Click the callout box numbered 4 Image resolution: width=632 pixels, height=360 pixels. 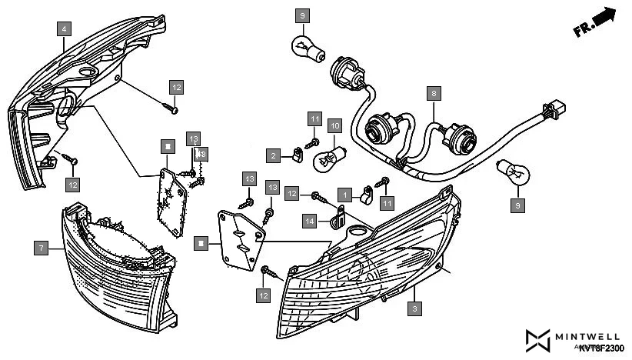(64, 29)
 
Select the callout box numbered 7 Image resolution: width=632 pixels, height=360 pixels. (42, 247)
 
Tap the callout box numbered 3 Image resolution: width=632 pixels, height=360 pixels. (415, 308)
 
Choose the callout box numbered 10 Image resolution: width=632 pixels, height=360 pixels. (334, 124)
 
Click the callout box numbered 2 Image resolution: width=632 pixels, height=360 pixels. (273, 155)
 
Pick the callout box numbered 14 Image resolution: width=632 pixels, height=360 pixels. (310, 222)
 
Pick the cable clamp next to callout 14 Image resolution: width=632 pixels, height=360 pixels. (336, 223)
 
